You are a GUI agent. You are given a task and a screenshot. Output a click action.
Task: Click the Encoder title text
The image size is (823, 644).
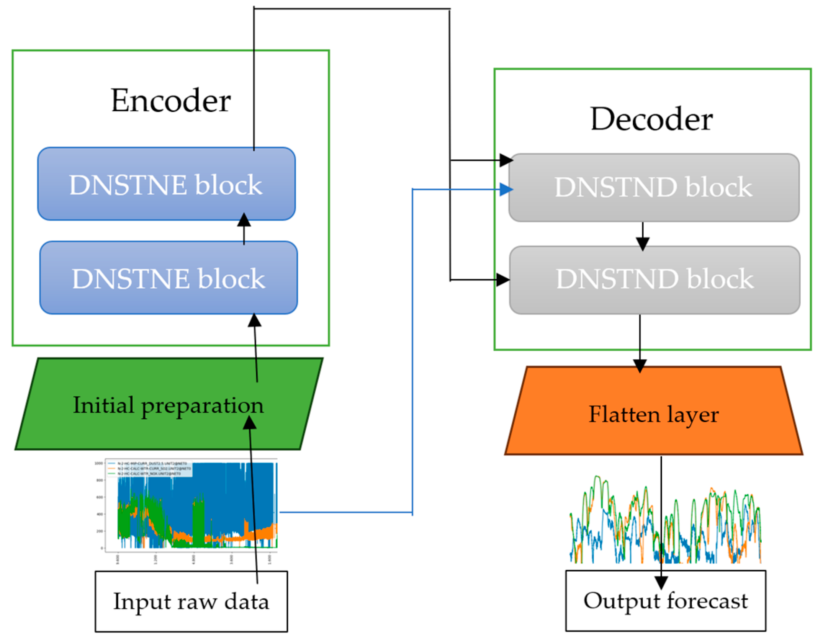point(171,100)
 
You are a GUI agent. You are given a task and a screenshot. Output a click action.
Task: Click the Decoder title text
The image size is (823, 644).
point(651,119)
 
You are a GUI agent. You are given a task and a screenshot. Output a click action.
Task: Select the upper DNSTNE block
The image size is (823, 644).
point(166,184)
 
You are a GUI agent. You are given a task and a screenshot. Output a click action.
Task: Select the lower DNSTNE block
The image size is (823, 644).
point(169,278)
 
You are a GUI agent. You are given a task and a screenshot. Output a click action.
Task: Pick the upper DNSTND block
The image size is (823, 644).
point(653,188)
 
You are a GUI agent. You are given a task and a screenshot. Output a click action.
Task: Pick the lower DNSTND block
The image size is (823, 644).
point(654,279)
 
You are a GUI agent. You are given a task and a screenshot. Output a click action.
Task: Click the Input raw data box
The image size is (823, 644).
point(191,602)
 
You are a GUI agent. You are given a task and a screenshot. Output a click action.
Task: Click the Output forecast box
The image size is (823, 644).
point(666,601)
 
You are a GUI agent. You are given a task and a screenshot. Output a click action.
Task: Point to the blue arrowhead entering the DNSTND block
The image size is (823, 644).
point(506,189)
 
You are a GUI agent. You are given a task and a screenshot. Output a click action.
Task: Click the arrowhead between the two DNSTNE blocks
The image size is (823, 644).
point(244,220)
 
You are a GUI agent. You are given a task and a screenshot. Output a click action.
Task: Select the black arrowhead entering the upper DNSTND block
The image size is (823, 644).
point(506,160)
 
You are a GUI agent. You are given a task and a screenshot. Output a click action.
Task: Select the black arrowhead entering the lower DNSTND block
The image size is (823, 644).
point(503,280)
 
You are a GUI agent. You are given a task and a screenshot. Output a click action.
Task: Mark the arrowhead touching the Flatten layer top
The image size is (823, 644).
point(640,365)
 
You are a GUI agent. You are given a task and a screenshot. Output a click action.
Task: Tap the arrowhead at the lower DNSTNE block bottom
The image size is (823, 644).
point(254,320)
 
